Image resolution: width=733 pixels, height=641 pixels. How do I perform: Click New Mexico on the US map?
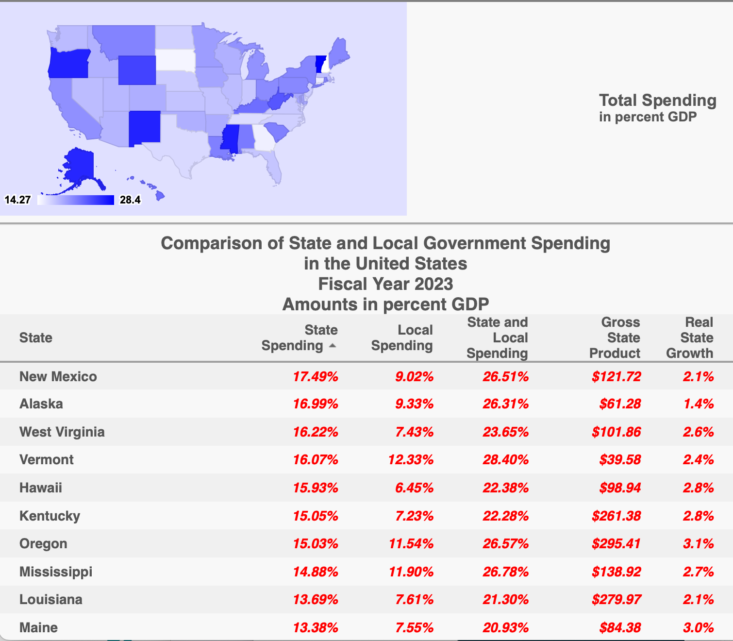144,127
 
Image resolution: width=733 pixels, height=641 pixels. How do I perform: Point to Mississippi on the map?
230,138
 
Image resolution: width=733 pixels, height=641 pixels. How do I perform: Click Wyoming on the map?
137,70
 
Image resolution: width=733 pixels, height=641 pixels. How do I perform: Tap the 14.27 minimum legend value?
17,200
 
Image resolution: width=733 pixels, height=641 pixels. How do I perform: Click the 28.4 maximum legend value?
130,200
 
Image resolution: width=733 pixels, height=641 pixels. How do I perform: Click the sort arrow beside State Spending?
333,346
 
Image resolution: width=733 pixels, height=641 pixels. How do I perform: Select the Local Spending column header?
402,337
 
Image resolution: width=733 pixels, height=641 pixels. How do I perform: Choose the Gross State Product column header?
615,337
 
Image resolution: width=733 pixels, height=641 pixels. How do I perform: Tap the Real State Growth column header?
690,337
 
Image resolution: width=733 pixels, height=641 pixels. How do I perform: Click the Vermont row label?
47,459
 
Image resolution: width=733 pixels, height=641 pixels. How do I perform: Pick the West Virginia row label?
62,432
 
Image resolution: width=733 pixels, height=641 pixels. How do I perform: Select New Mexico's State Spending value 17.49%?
316,376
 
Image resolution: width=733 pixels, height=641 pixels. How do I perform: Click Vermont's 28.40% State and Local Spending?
505,459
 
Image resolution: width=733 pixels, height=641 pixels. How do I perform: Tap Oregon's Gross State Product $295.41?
616,543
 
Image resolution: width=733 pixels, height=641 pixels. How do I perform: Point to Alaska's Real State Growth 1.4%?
699,404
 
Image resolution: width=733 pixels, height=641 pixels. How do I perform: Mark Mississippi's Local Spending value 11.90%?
411,572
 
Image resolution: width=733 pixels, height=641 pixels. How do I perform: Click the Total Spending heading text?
657,101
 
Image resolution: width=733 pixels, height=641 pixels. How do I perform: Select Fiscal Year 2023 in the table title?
385,284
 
